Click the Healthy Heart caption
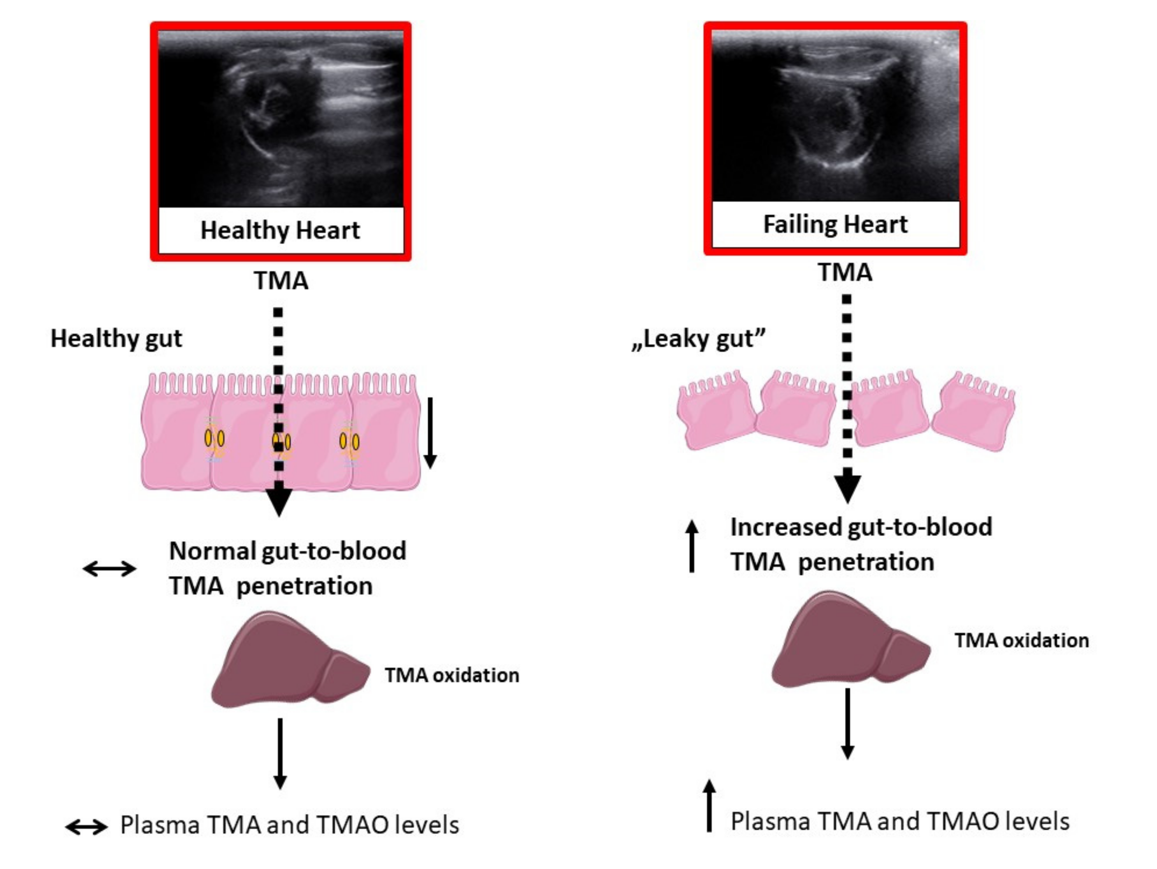(280, 230)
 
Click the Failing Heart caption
(835, 224)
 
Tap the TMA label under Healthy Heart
(281, 281)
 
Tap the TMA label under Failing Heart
(845, 272)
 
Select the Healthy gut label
(116, 339)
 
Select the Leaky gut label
(698, 339)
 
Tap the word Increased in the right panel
(785, 527)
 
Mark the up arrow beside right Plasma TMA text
(709, 805)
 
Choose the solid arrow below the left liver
(280, 753)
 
